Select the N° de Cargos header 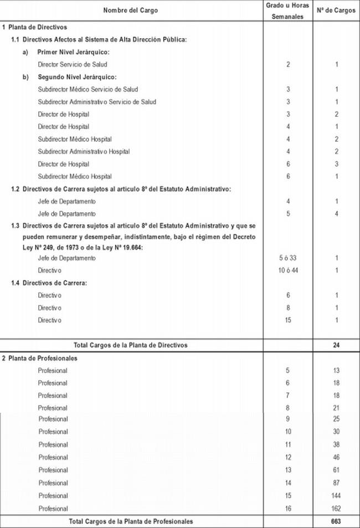pyautogui.click(x=336, y=11)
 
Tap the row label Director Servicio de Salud pyautogui.click(x=72, y=64)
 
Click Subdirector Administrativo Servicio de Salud pyautogui.click(x=97, y=102)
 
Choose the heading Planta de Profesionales pyautogui.click(x=42, y=358)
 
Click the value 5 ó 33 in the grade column pyautogui.click(x=288, y=258)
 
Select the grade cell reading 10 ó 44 pyautogui.click(x=288, y=270)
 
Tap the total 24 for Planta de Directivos pyautogui.click(x=336, y=345)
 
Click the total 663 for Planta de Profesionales pyautogui.click(x=336, y=521)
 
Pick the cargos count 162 pyautogui.click(x=336, y=509)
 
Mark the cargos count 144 pyautogui.click(x=336, y=496)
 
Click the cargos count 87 pyautogui.click(x=336, y=483)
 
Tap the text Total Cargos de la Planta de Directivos pyautogui.click(x=130, y=345)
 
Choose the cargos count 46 pyautogui.click(x=336, y=458)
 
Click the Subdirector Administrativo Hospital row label pyautogui.click(x=84, y=152)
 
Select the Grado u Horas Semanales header pyautogui.click(x=288, y=11)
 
